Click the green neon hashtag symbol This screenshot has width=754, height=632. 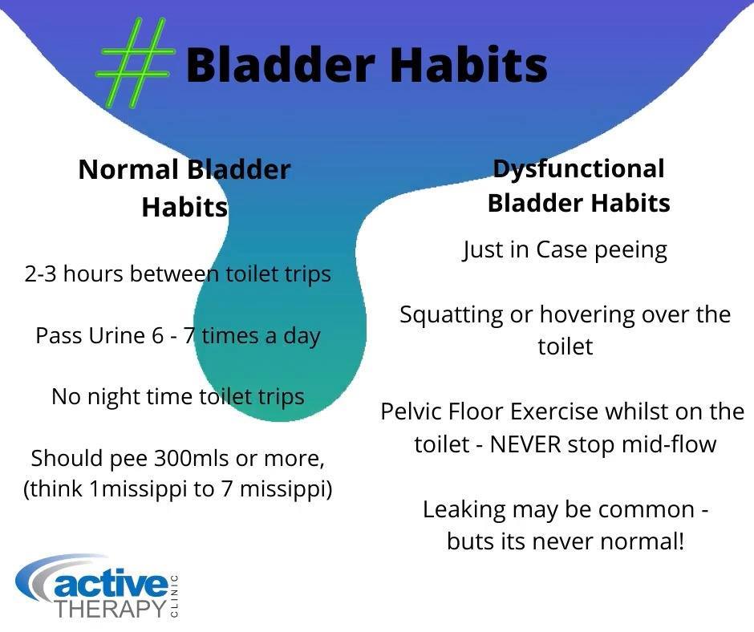[135, 62]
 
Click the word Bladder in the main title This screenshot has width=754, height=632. [281, 64]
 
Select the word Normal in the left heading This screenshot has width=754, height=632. [128, 170]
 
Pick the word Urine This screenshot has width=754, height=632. [117, 335]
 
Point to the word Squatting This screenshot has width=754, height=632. [452, 316]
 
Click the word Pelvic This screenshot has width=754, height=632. [410, 411]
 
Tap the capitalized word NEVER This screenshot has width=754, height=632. [525, 444]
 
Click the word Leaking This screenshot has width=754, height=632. [464, 510]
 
